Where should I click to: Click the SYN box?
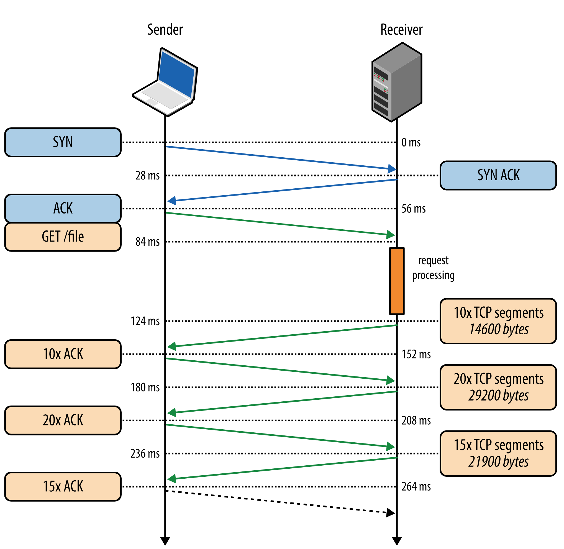pyautogui.click(x=63, y=142)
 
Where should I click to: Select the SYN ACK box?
pyautogui.click(x=498, y=176)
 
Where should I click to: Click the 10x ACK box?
pyautogui.click(x=63, y=354)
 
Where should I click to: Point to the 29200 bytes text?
pyautogui.click(x=499, y=396)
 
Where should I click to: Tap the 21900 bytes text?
pyautogui.click(x=499, y=462)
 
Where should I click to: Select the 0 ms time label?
pyautogui.click(x=411, y=142)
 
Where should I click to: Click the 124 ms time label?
pyautogui.click(x=145, y=321)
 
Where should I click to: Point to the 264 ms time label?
pyautogui.click(x=416, y=487)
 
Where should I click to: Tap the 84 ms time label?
pyautogui.click(x=147, y=242)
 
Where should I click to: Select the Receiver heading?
pyautogui.click(x=401, y=30)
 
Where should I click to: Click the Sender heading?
pyautogui.click(x=165, y=30)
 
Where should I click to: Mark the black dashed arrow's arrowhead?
pyautogui.click(x=390, y=513)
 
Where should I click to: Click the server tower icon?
pyautogui.click(x=397, y=82)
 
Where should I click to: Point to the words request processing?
pyautogui.click(x=433, y=268)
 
